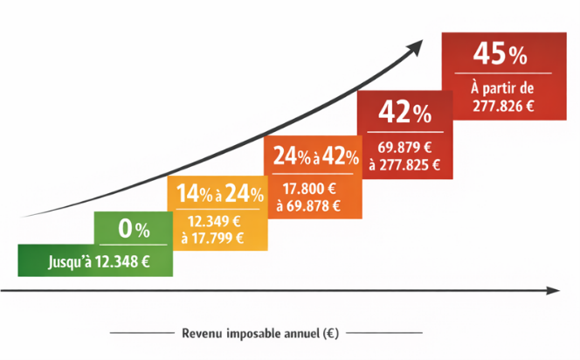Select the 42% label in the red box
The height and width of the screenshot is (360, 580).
pyautogui.click(x=404, y=113)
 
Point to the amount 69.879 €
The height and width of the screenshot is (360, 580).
pyautogui.click(x=404, y=146)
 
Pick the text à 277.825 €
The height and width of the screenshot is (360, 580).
pyautogui.click(x=404, y=163)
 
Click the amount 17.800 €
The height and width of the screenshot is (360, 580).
pyautogui.click(x=308, y=189)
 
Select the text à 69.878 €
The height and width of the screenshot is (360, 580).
pyautogui.click(x=308, y=205)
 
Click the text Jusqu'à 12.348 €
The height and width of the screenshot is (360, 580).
pyautogui.click(x=96, y=260)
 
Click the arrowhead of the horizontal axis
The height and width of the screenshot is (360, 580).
pyautogui.click(x=553, y=290)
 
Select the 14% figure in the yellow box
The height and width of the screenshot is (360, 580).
pyautogui.click(x=192, y=194)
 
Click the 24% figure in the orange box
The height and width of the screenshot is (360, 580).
pyautogui.click(x=291, y=157)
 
